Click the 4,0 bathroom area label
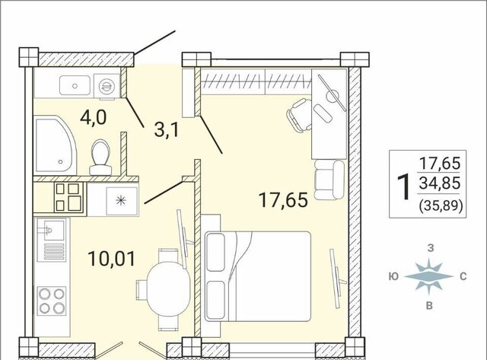click(93, 117)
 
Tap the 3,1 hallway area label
click(167, 130)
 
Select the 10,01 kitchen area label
click(112, 259)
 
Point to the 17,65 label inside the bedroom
click(283, 199)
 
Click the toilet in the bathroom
click(100, 158)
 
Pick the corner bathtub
click(56, 145)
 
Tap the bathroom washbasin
click(75, 85)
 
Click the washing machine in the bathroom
click(107, 86)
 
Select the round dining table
click(168, 289)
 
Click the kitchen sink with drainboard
click(52, 240)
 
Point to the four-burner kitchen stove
click(52, 301)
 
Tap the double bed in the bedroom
click(258, 276)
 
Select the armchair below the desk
click(329, 180)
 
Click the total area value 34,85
click(439, 183)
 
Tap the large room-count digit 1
click(404, 186)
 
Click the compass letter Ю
click(393, 276)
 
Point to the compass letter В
click(429, 306)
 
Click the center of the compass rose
click(428, 276)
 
